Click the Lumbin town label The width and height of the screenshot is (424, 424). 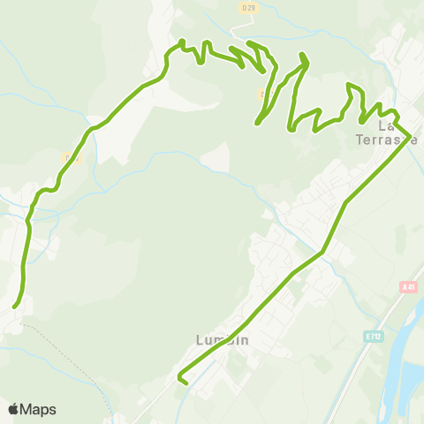[x=222, y=340]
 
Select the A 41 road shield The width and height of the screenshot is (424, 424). [x=407, y=286]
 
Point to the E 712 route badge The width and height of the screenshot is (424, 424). [x=375, y=337]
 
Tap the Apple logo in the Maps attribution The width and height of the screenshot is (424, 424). [x=14, y=409]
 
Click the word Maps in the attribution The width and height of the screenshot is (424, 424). [x=39, y=409]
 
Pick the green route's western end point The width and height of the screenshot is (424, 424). [x=15, y=306]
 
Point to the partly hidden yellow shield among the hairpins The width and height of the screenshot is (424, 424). [x=263, y=93]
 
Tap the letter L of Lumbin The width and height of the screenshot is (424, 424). [x=199, y=340]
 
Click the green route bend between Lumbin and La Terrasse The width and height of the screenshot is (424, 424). [x=323, y=251]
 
